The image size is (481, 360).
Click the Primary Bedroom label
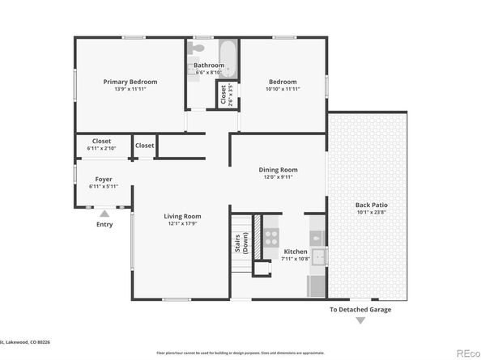[x=130, y=82]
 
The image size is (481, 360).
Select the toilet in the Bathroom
[x=197, y=71]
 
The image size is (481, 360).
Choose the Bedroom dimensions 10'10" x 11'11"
[x=283, y=89]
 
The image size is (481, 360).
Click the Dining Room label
[x=278, y=170]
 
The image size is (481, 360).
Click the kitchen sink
[x=318, y=257]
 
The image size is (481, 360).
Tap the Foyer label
[x=104, y=179]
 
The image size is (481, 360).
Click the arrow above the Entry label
[x=104, y=214]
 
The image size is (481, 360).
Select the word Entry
[x=104, y=224]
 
